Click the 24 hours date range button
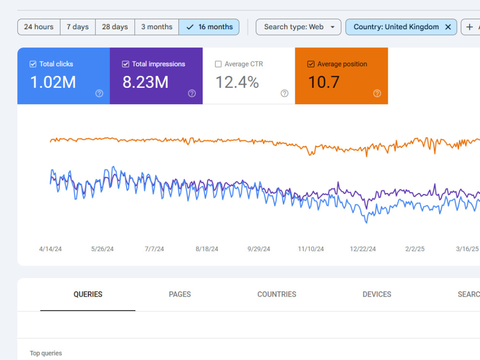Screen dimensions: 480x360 click(39, 27)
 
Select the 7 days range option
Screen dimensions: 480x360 click(78, 27)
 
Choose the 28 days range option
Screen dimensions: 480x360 click(115, 27)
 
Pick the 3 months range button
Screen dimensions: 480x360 click(157, 27)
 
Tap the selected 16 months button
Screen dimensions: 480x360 click(209, 27)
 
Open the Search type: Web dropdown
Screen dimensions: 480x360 click(299, 27)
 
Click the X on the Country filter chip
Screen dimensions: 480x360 click(448, 27)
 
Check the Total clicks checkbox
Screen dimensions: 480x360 click(33, 64)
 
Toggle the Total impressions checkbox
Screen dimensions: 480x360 click(125, 64)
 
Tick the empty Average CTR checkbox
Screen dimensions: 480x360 click(218, 64)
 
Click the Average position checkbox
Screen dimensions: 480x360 click(311, 64)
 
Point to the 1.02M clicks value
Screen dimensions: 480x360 click(53, 83)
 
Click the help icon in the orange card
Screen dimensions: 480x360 click(377, 94)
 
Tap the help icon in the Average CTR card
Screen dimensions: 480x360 click(284, 94)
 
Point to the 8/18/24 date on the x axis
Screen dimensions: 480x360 click(207, 249)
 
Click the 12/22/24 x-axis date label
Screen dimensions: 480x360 click(363, 249)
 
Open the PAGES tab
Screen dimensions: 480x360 click(180, 294)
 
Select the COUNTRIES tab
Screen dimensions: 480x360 click(277, 294)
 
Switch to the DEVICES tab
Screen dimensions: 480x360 click(377, 294)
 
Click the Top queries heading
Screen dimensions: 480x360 click(46, 353)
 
